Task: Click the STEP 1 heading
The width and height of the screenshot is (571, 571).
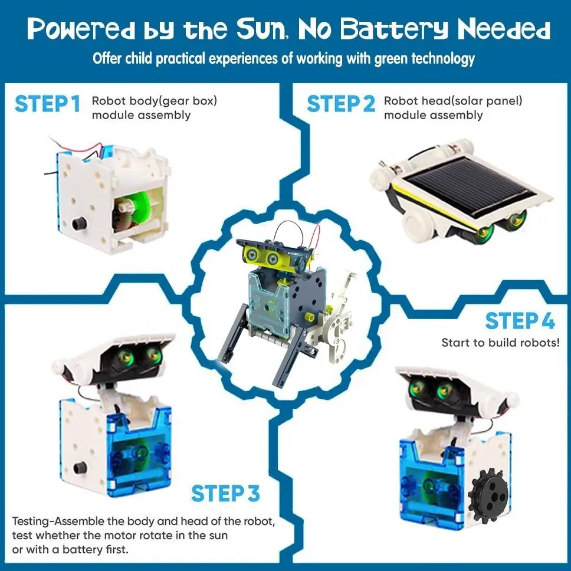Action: (47, 104)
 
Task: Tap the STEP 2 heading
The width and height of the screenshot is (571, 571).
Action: (341, 104)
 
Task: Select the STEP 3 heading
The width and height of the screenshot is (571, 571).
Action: (225, 493)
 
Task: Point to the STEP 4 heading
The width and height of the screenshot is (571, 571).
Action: (520, 321)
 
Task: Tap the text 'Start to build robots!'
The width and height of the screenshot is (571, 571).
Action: (500, 343)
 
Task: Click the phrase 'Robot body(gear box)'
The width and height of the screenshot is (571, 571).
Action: (154, 101)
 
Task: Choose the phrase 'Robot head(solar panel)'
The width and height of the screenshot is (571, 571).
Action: (453, 101)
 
